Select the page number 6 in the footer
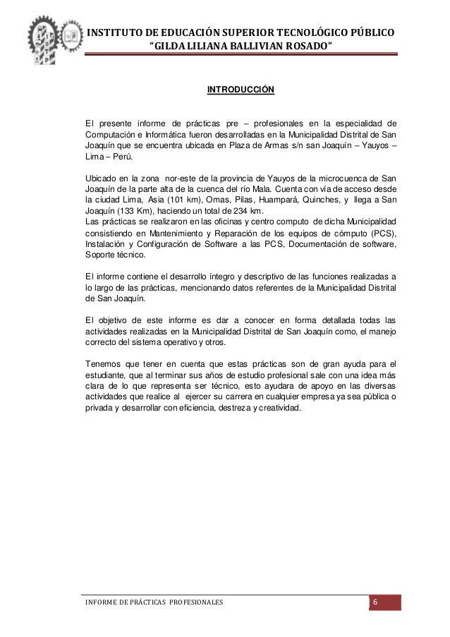pos(375,602)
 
